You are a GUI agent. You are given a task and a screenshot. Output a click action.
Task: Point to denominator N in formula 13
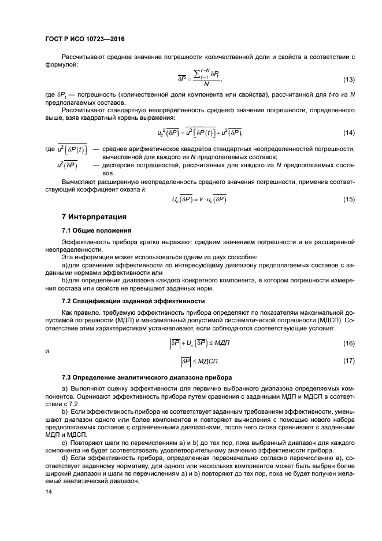click(198, 84)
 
